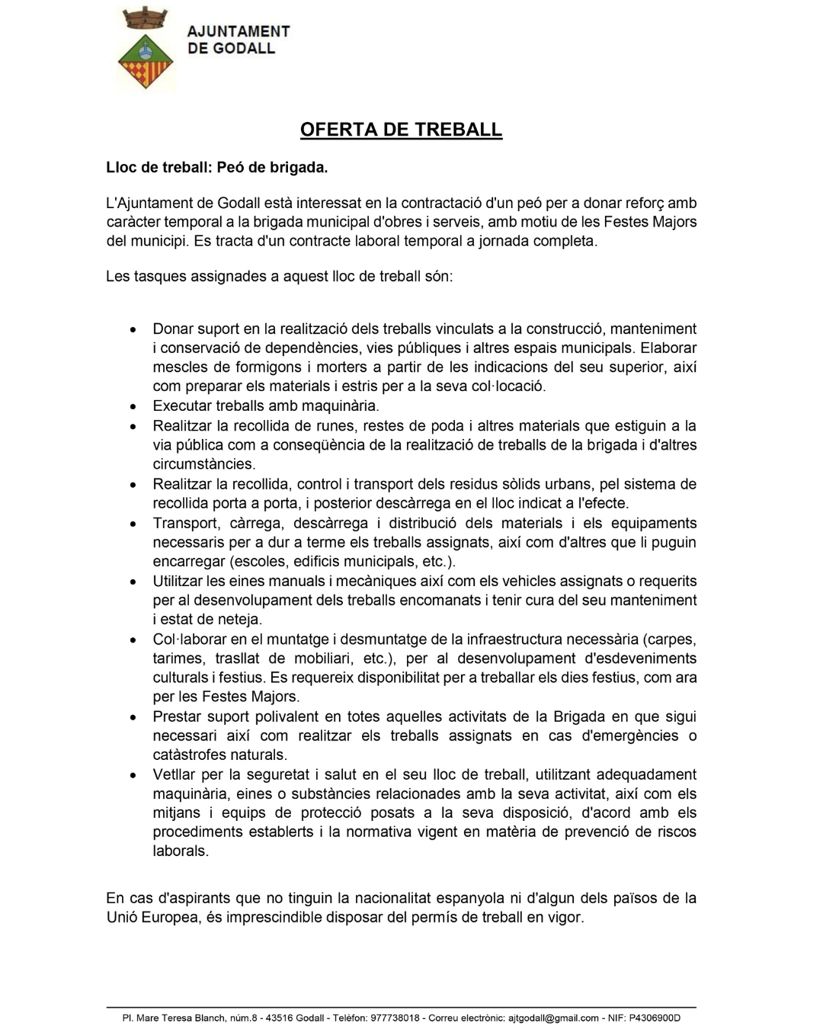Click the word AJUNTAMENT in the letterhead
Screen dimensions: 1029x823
(x=239, y=31)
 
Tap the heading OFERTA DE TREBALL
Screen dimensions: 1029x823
(x=401, y=130)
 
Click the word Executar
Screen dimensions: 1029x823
(x=181, y=406)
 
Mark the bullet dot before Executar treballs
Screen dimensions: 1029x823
(x=133, y=407)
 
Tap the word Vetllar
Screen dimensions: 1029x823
(x=176, y=774)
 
